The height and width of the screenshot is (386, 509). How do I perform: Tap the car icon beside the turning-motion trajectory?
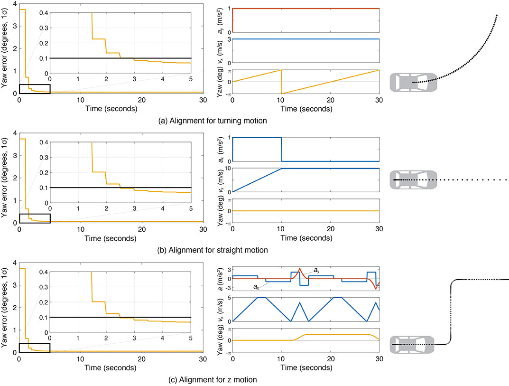point(413,82)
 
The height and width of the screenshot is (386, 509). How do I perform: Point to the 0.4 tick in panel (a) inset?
point(44,13)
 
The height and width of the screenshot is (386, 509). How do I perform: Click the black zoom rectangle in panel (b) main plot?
point(34,218)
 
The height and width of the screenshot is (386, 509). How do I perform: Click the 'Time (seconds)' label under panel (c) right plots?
point(306,368)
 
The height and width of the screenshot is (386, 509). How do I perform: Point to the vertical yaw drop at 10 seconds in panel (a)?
point(282,82)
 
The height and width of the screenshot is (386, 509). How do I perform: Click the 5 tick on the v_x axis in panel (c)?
point(229,298)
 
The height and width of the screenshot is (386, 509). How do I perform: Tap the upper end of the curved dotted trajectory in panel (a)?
point(497,15)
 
